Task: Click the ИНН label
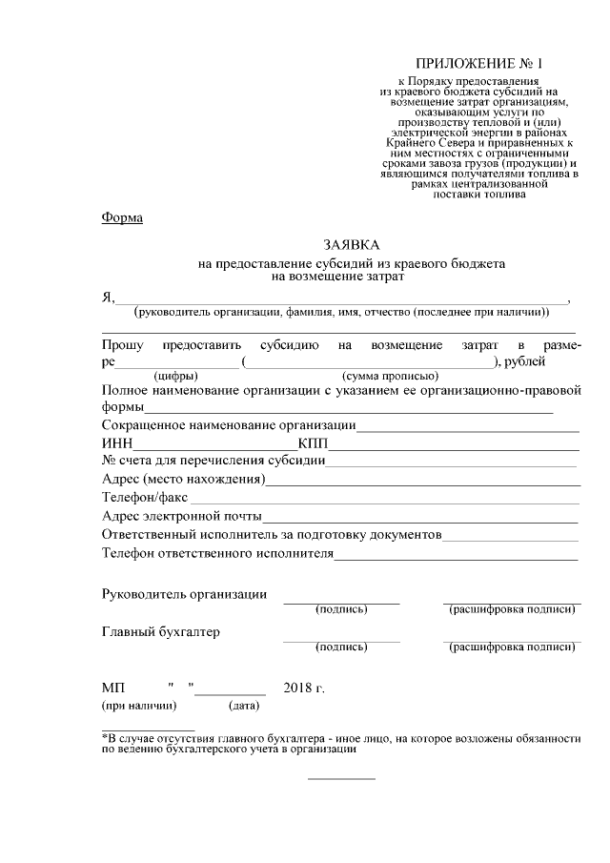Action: coord(118,443)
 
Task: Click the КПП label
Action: coord(314,443)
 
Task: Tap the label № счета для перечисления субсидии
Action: coord(213,462)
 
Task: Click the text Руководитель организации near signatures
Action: coord(184,594)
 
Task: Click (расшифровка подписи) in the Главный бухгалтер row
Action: coord(512,647)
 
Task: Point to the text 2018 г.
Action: coord(304,688)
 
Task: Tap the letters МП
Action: coord(112,688)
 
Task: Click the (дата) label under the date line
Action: coord(243,707)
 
